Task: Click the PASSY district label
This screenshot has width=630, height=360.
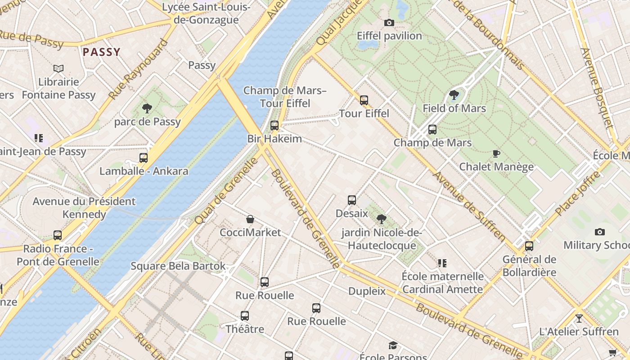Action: [102, 52]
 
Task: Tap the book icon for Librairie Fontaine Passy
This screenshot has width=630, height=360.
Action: [58, 69]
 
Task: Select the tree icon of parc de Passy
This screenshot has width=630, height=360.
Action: [147, 108]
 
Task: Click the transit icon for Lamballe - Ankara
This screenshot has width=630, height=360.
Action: [144, 158]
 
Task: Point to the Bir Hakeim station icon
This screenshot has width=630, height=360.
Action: [274, 126]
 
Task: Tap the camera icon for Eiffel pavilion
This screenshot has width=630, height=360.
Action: [389, 22]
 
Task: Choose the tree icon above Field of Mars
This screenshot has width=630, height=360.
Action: [454, 95]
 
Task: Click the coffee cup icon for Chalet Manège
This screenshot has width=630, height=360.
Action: [496, 153]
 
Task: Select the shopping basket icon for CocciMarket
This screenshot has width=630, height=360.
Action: [250, 219]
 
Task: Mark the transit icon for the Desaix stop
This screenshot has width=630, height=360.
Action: [352, 200]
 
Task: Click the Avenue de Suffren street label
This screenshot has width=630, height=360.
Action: [469, 205]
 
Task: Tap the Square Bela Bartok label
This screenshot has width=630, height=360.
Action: [178, 266]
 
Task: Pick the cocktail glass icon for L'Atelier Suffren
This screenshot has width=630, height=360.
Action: [579, 319]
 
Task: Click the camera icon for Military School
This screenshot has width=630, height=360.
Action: [600, 232]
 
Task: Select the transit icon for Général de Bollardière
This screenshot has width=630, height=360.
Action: [529, 246]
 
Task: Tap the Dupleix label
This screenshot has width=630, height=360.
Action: [367, 291]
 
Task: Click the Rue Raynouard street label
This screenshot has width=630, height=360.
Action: [138, 69]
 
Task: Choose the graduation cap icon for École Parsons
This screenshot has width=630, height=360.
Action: [393, 345]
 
